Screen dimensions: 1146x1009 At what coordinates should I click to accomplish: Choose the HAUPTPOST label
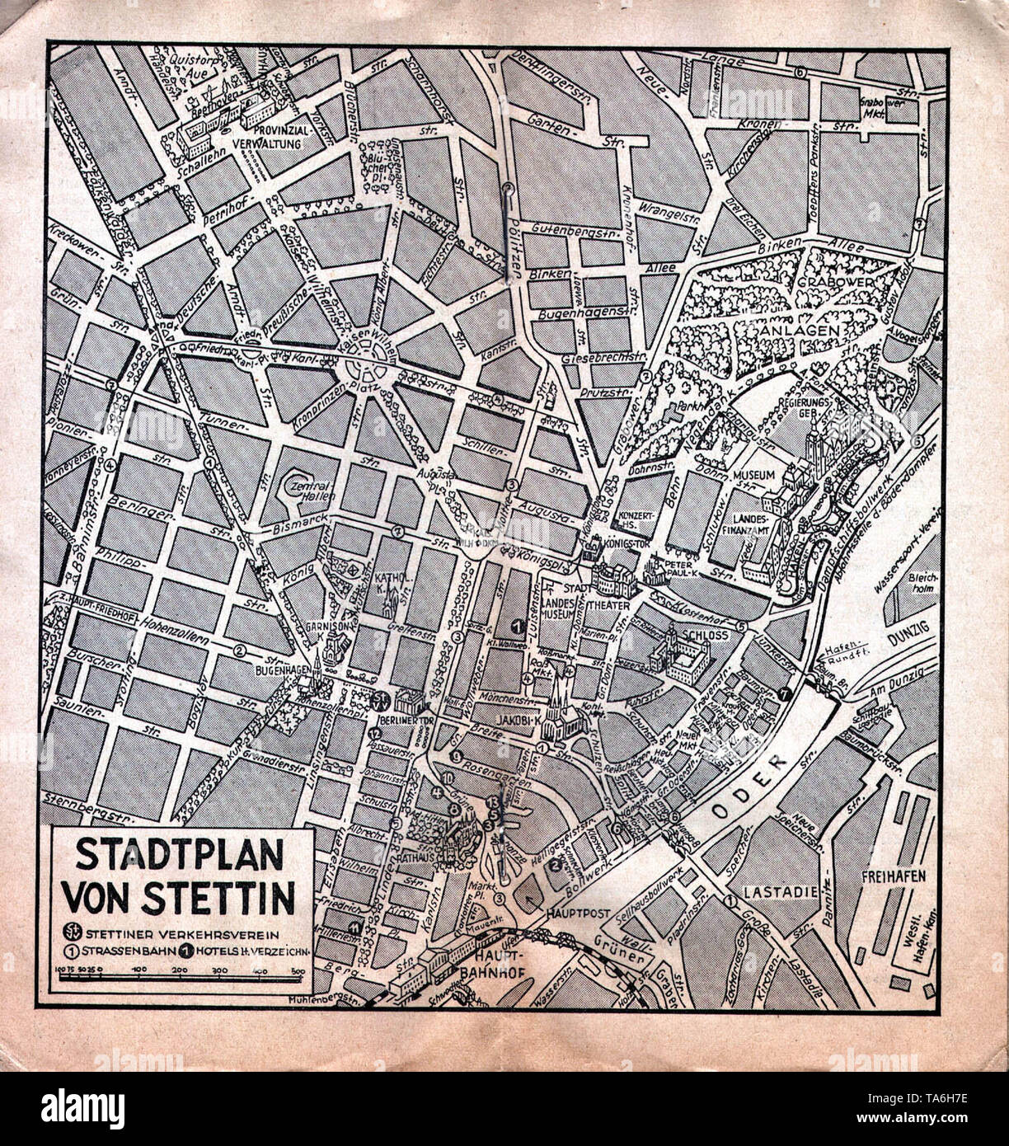[x=576, y=914]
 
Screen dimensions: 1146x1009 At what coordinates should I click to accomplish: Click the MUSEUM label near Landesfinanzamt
[x=758, y=476]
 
